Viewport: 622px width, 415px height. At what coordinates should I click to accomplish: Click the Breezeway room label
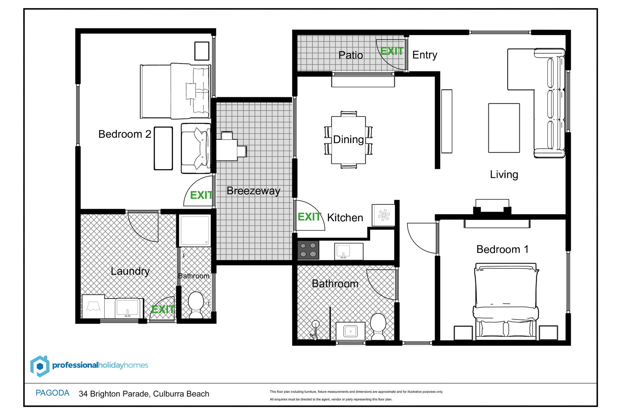point(253,191)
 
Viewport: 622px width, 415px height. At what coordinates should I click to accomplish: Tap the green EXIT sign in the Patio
point(392,51)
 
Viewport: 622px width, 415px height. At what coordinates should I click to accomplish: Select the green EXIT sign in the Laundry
point(163,309)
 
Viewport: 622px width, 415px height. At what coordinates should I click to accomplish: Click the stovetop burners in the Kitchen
point(308,250)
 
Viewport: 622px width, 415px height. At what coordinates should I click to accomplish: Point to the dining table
point(349,140)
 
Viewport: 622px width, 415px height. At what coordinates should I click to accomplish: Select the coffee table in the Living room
point(504,128)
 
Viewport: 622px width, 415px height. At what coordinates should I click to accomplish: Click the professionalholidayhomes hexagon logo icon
point(40,366)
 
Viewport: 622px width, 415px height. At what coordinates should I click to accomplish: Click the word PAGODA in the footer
point(52,393)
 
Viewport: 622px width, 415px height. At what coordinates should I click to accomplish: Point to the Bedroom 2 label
point(125,134)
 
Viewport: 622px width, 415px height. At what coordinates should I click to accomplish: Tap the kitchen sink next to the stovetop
point(349,251)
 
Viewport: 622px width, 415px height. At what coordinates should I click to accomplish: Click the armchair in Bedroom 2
point(196,148)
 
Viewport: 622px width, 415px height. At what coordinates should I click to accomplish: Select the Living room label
point(504,174)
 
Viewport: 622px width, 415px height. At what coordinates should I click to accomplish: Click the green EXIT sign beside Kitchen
point(309,217)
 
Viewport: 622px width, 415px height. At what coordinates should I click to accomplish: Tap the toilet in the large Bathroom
point(378,326)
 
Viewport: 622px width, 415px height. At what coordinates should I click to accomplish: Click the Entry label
point(425,55)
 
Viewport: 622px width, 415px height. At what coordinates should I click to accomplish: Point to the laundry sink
point(128,308)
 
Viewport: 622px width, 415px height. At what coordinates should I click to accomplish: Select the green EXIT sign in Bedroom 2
point(201,195)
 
